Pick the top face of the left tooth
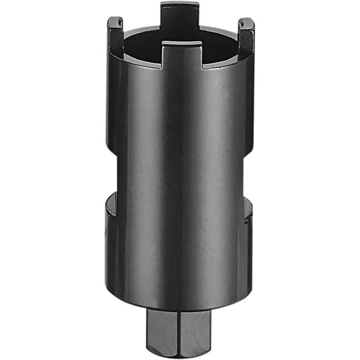click(115, 20)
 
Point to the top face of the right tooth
click(246, 22)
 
